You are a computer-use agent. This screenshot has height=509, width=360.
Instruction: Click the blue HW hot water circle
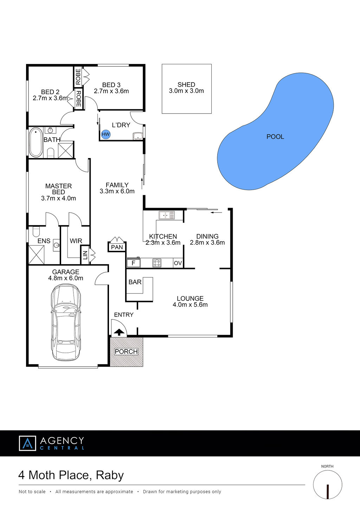106,134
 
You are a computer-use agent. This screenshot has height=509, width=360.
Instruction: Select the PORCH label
126,352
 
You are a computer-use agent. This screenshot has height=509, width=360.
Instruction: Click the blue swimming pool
275,131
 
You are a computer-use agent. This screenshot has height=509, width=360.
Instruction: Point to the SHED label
186,85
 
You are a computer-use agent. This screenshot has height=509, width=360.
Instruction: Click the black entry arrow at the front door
119,332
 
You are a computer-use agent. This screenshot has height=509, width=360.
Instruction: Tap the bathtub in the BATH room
36,143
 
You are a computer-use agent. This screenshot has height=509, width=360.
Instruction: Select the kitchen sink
167,215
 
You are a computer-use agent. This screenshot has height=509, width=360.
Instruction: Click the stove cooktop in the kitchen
157,263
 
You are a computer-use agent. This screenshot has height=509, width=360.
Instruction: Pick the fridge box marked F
134,263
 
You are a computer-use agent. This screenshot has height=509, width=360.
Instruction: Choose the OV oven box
178,263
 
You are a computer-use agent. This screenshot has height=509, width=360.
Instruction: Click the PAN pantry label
117,247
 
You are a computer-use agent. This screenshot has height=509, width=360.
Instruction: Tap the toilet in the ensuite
36,231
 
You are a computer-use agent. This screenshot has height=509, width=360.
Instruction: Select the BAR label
135,282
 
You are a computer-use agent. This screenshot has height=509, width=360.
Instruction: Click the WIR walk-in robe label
76,241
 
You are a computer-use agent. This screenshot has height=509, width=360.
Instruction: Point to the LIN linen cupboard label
85,255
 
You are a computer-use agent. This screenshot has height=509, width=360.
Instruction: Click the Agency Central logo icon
27,443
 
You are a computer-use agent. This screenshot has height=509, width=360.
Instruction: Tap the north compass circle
327,484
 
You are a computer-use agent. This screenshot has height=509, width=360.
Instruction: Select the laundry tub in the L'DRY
137,136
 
